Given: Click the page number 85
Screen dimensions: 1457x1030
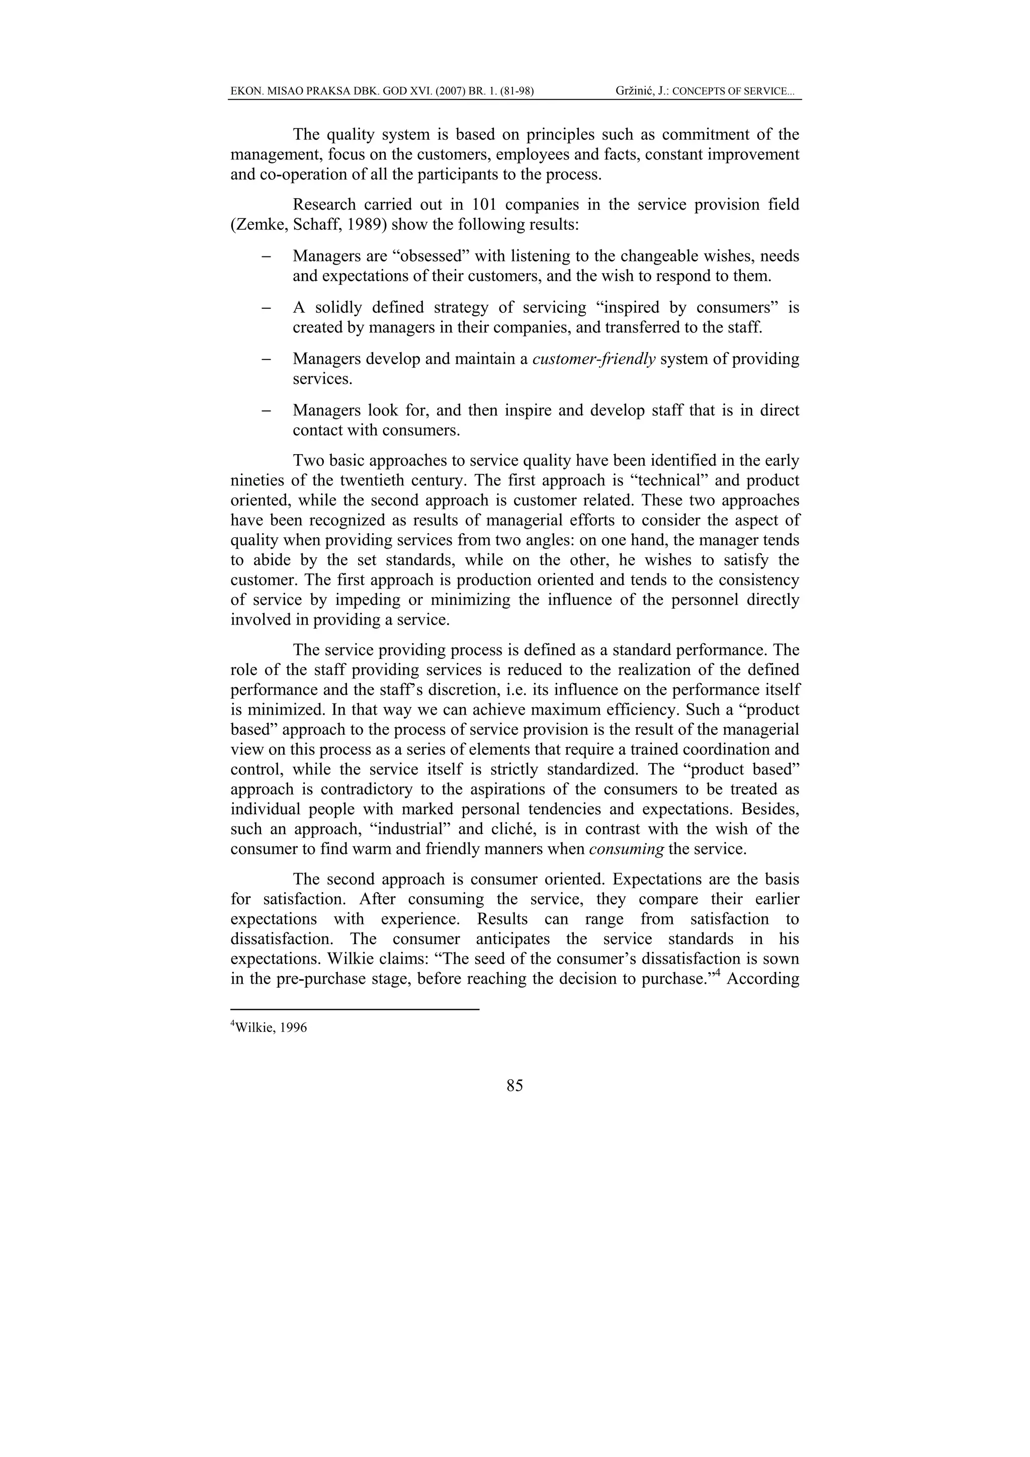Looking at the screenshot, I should [x=514, y=1086].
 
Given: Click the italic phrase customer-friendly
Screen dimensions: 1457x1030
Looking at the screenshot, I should [x=594, y=359].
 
